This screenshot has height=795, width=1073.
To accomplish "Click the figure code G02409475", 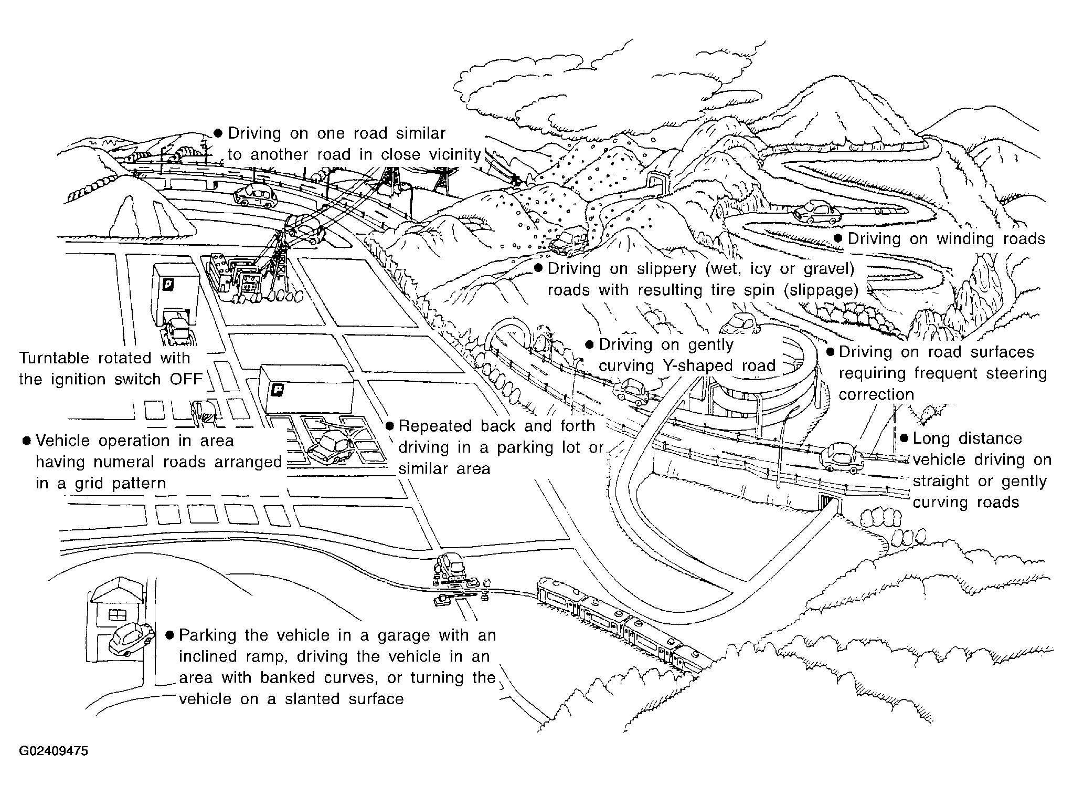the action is pyautogui.click(x=54, y=751).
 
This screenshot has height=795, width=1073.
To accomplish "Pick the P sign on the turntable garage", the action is pyautogui.click(x=168, y=285).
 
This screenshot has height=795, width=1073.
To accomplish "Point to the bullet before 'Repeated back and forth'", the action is pyautogui.click(x=389, y=426).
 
